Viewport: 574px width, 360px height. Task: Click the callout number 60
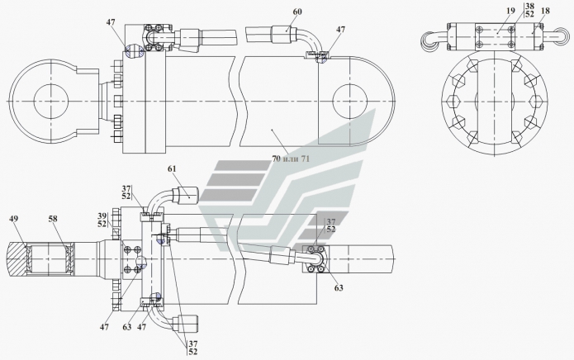point(297,12)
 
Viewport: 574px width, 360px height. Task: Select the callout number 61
point(172,169)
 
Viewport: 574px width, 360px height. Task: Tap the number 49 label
point(14,219)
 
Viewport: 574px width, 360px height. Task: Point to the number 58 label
point(53,219)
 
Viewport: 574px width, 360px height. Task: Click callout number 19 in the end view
point(510,11)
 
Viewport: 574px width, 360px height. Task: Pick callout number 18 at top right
point(545,11)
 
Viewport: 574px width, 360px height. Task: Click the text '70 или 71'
point(291,159)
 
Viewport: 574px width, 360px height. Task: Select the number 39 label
point(102,216)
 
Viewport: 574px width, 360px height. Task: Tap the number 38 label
point(529,7)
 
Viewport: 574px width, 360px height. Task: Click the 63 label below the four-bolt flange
point(339,287)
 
